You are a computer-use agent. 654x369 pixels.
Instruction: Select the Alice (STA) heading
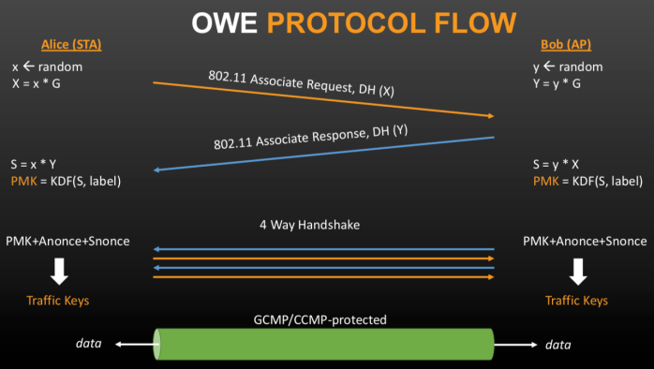click(72, 45)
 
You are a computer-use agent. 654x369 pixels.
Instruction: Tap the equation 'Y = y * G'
click(557, 83)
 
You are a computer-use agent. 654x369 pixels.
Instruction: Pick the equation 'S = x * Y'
click(34, 164)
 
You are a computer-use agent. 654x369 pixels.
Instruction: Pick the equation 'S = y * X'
click(556, 164)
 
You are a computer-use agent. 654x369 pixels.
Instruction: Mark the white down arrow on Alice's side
click(59, 271)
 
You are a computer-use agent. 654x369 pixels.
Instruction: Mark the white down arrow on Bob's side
click(577, 271)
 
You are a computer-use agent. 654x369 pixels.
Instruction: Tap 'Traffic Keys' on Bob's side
click(576, 301)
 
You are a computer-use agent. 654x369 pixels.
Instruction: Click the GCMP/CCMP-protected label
click(321, 319)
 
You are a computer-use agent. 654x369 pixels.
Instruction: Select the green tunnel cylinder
click(323, 344)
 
